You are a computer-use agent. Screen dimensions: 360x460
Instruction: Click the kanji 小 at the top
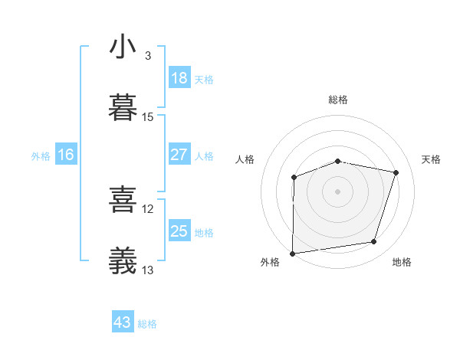click(123, 47)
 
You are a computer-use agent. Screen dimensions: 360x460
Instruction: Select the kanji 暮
click(123, 109)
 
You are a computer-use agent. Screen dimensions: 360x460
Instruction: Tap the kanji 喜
click(123, 201)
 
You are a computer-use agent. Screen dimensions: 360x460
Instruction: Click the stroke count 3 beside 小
click(148, 56)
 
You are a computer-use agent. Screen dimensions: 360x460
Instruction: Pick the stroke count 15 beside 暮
click(148, 117)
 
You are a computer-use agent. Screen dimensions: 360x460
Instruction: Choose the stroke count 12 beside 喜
click(148, 209)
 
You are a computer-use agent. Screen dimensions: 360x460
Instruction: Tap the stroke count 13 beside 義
click(148, 270)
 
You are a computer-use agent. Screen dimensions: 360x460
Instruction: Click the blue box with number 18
click(179, 78)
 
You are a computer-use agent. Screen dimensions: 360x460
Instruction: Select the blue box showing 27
click(179, 155)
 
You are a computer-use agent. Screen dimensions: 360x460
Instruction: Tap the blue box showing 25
click(179, 231)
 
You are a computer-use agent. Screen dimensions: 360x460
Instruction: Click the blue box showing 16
click(66, 155)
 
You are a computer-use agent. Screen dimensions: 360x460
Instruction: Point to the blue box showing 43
click(123, 322)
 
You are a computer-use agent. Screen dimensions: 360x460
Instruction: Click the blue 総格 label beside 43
click(148, 324)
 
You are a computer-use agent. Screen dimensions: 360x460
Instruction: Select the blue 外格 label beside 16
click(41, 156)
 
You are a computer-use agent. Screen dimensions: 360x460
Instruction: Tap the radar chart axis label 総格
click(338, 100)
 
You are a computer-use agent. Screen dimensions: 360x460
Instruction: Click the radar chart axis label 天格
click(432, 159)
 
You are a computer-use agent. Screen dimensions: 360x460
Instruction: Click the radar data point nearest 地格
click(374, 242)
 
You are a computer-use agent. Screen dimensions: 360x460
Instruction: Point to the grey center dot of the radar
click(338, 191)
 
